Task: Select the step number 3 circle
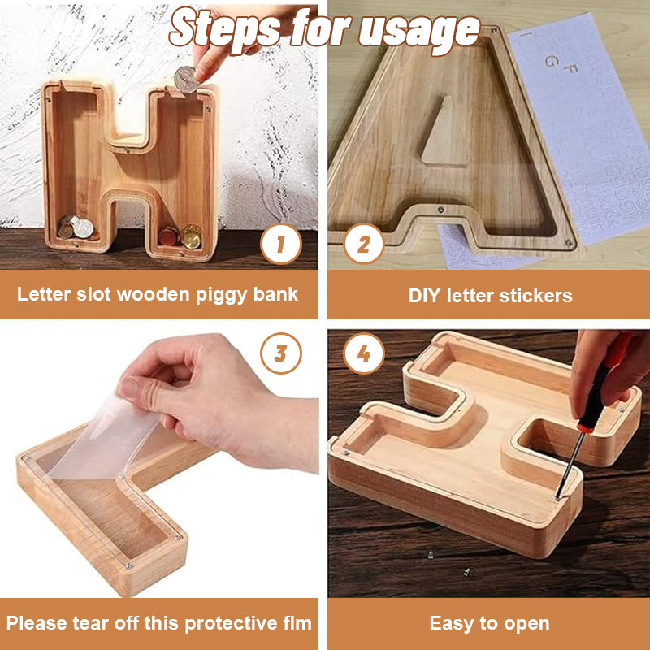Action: point(281,354)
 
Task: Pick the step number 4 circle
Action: point(363,354)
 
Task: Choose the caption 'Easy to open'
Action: point(489,624)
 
